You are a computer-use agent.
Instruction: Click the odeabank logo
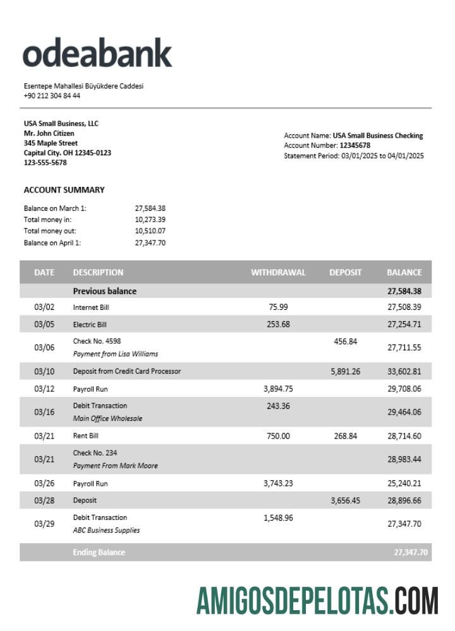point(97,53)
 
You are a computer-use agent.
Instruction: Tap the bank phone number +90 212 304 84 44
point(52,96)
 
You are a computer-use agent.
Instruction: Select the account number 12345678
point(355,146)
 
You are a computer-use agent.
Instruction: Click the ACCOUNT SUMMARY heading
point(64,190)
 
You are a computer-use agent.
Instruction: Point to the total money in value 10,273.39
point(150,220)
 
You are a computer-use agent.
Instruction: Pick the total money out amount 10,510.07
point(150,231)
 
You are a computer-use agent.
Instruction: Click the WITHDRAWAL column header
point(278,273)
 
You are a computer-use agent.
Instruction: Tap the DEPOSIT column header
point(345,273)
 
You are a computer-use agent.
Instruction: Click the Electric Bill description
point(90,325)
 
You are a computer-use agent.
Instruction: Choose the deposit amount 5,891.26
point(345,372)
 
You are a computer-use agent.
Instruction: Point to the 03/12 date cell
point(44,389)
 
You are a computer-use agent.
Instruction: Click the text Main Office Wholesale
point(107,418)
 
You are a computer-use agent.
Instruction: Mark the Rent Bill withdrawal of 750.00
point(278,436)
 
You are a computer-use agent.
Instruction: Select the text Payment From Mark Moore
point(115,466)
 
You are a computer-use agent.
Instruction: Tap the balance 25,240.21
point(404,484)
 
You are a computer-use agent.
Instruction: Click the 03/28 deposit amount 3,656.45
point(345,501)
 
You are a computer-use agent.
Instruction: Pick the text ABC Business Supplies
point(106,530)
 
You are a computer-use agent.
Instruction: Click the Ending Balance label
point(99,553)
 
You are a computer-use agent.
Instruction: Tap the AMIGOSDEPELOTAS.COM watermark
point(317,600)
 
